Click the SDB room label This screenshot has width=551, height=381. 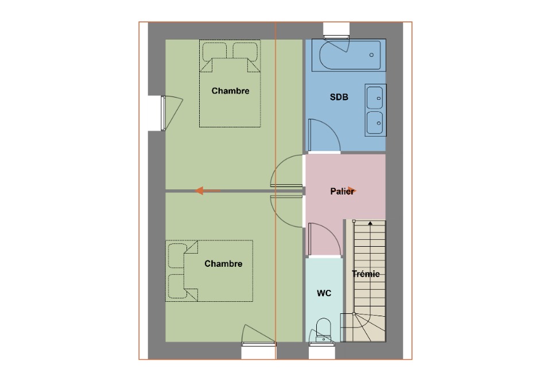339,97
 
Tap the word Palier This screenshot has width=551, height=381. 342,192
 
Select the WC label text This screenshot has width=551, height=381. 324,293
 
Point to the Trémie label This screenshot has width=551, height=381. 366,274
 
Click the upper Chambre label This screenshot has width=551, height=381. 230,91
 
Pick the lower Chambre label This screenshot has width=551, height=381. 223,264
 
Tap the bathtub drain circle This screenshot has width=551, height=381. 371,55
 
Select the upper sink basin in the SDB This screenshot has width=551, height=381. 375,98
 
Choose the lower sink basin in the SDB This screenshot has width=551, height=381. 375,123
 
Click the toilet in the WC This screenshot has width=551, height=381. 323,330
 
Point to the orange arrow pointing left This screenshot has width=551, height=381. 207,190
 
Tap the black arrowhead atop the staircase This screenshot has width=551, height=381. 370,223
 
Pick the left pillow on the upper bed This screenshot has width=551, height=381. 214,51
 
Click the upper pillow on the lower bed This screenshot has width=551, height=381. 177,255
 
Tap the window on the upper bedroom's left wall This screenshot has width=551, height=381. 163,112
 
